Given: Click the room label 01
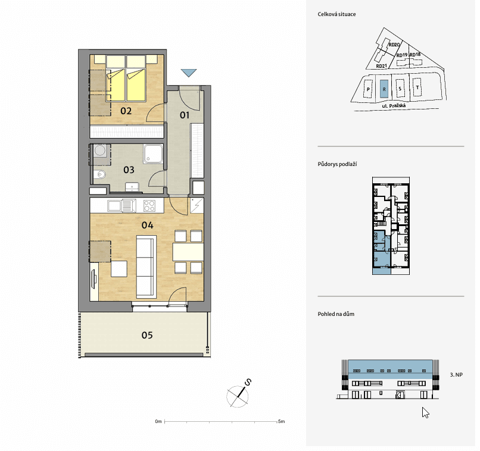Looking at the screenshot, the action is (x=185, y=115).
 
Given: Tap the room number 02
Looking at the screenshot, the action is (x=126, y=111).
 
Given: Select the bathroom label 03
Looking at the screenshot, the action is (x=129, y=170).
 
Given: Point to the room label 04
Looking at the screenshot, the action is (x=147, y=225).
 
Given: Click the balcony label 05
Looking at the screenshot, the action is (x=147, y=336).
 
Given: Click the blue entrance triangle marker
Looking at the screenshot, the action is (x=189, y=73).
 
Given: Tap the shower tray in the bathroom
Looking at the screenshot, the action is (x=154, y=154).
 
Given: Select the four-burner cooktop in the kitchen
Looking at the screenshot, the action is (x=149, y=206).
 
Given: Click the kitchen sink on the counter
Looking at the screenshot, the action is (x=121, y=206).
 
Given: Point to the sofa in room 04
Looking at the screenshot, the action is (x=147, y=267).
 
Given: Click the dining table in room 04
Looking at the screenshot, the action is (x=188, y=252).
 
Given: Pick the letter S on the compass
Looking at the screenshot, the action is (x=248, y=382).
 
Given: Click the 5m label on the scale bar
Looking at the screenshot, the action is (x=281, y=421).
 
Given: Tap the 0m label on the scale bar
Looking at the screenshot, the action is (x=158, y=421).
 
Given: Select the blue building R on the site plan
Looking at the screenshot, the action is (x=384, y=89).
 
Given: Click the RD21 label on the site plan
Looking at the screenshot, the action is (x=381, y=66).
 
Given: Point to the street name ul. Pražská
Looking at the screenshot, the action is (x=394, y=106).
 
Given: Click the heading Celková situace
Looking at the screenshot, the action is (x=336, y=14).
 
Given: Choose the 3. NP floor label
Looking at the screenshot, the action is (x=456, y=375).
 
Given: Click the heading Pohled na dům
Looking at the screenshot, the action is (x=336, y=314).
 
